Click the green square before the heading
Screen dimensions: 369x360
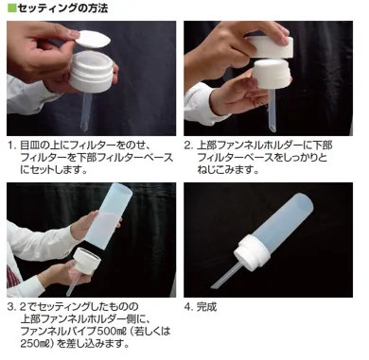coord(11,8)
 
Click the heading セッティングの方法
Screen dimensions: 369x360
coord(62,8)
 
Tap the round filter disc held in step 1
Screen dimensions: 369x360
coord(94,39)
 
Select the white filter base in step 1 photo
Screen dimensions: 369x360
coord(91,71)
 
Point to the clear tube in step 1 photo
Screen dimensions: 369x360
coord(86,111)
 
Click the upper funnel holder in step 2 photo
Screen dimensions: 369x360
coord(270,46)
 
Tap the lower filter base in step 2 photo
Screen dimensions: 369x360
coord(272,75)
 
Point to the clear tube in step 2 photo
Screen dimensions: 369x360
coord(272,111)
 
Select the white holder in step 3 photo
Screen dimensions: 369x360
coord(86,260)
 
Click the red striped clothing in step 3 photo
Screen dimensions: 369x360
coord(12,275)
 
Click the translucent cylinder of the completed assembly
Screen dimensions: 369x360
coord(282,219)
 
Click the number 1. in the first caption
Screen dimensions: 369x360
coord(12,146)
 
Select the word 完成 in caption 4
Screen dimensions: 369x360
coord(206,306)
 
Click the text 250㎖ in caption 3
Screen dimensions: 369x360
coord(37,343)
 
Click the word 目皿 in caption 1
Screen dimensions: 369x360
coord(30,146)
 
